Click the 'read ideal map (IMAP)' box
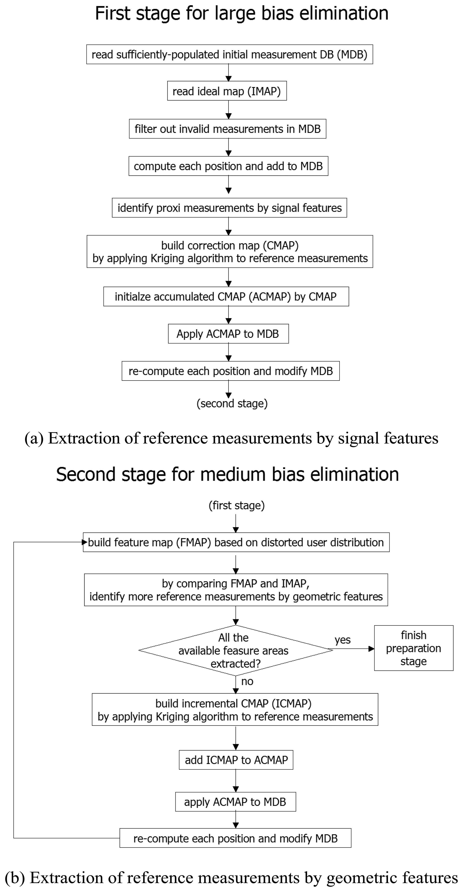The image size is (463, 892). [x=227, y=91]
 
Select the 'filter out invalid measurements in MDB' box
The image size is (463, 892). [x=227, y=129]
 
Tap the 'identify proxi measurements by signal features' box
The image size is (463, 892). [x=229, y=208]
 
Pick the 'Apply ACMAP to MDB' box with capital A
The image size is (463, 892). [x=228, y=334]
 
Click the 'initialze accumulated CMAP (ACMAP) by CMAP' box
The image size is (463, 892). [x=226, y=296]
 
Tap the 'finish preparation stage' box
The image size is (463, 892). [x=414, y=648]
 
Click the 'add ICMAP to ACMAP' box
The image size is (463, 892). [x=236, y=760]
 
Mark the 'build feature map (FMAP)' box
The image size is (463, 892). [x=236, y=542]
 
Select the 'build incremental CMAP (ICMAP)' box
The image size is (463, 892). [x=235, y=710]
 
